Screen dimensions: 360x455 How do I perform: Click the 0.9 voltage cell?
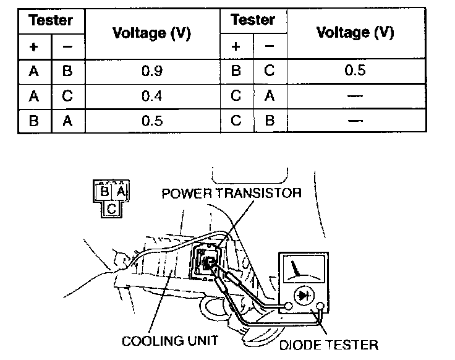151,71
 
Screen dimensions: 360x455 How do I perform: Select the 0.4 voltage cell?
151,95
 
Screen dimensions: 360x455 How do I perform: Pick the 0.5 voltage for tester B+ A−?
151,120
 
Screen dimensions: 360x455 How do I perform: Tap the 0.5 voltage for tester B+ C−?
355,70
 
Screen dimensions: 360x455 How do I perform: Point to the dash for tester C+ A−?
355,95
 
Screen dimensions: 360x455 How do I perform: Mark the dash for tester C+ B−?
355,120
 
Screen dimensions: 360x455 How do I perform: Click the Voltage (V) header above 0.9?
151,33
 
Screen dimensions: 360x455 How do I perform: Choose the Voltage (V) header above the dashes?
355,32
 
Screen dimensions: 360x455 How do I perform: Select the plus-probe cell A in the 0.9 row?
33,71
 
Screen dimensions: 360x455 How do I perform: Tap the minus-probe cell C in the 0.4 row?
67,95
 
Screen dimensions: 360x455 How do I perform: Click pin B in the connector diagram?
104,192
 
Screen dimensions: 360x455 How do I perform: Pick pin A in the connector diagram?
121,192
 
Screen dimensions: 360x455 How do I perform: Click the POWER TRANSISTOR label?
231,192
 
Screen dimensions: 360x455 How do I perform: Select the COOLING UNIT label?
169,341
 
